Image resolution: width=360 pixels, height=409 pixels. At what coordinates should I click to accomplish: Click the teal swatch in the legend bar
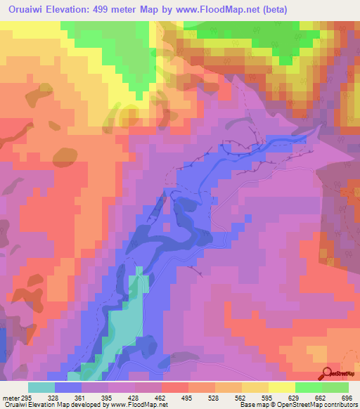[41, 387]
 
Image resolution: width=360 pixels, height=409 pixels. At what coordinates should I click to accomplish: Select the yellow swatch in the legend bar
[255, 387]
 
